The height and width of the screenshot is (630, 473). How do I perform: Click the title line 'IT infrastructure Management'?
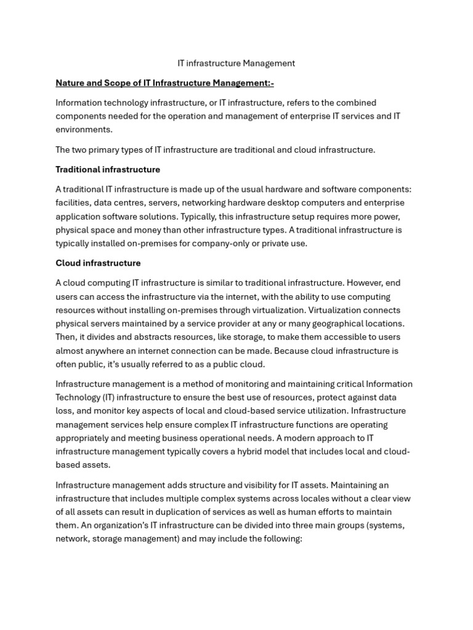[x=236, y=63]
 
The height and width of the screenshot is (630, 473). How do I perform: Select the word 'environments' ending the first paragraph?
[x=84, y=129]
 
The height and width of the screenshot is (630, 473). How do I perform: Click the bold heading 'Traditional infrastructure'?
[x=108, y=169]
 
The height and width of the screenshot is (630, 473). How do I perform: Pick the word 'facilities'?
[x=73, y=202]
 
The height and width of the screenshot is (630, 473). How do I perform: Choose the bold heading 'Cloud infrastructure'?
[x=98, y=263]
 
